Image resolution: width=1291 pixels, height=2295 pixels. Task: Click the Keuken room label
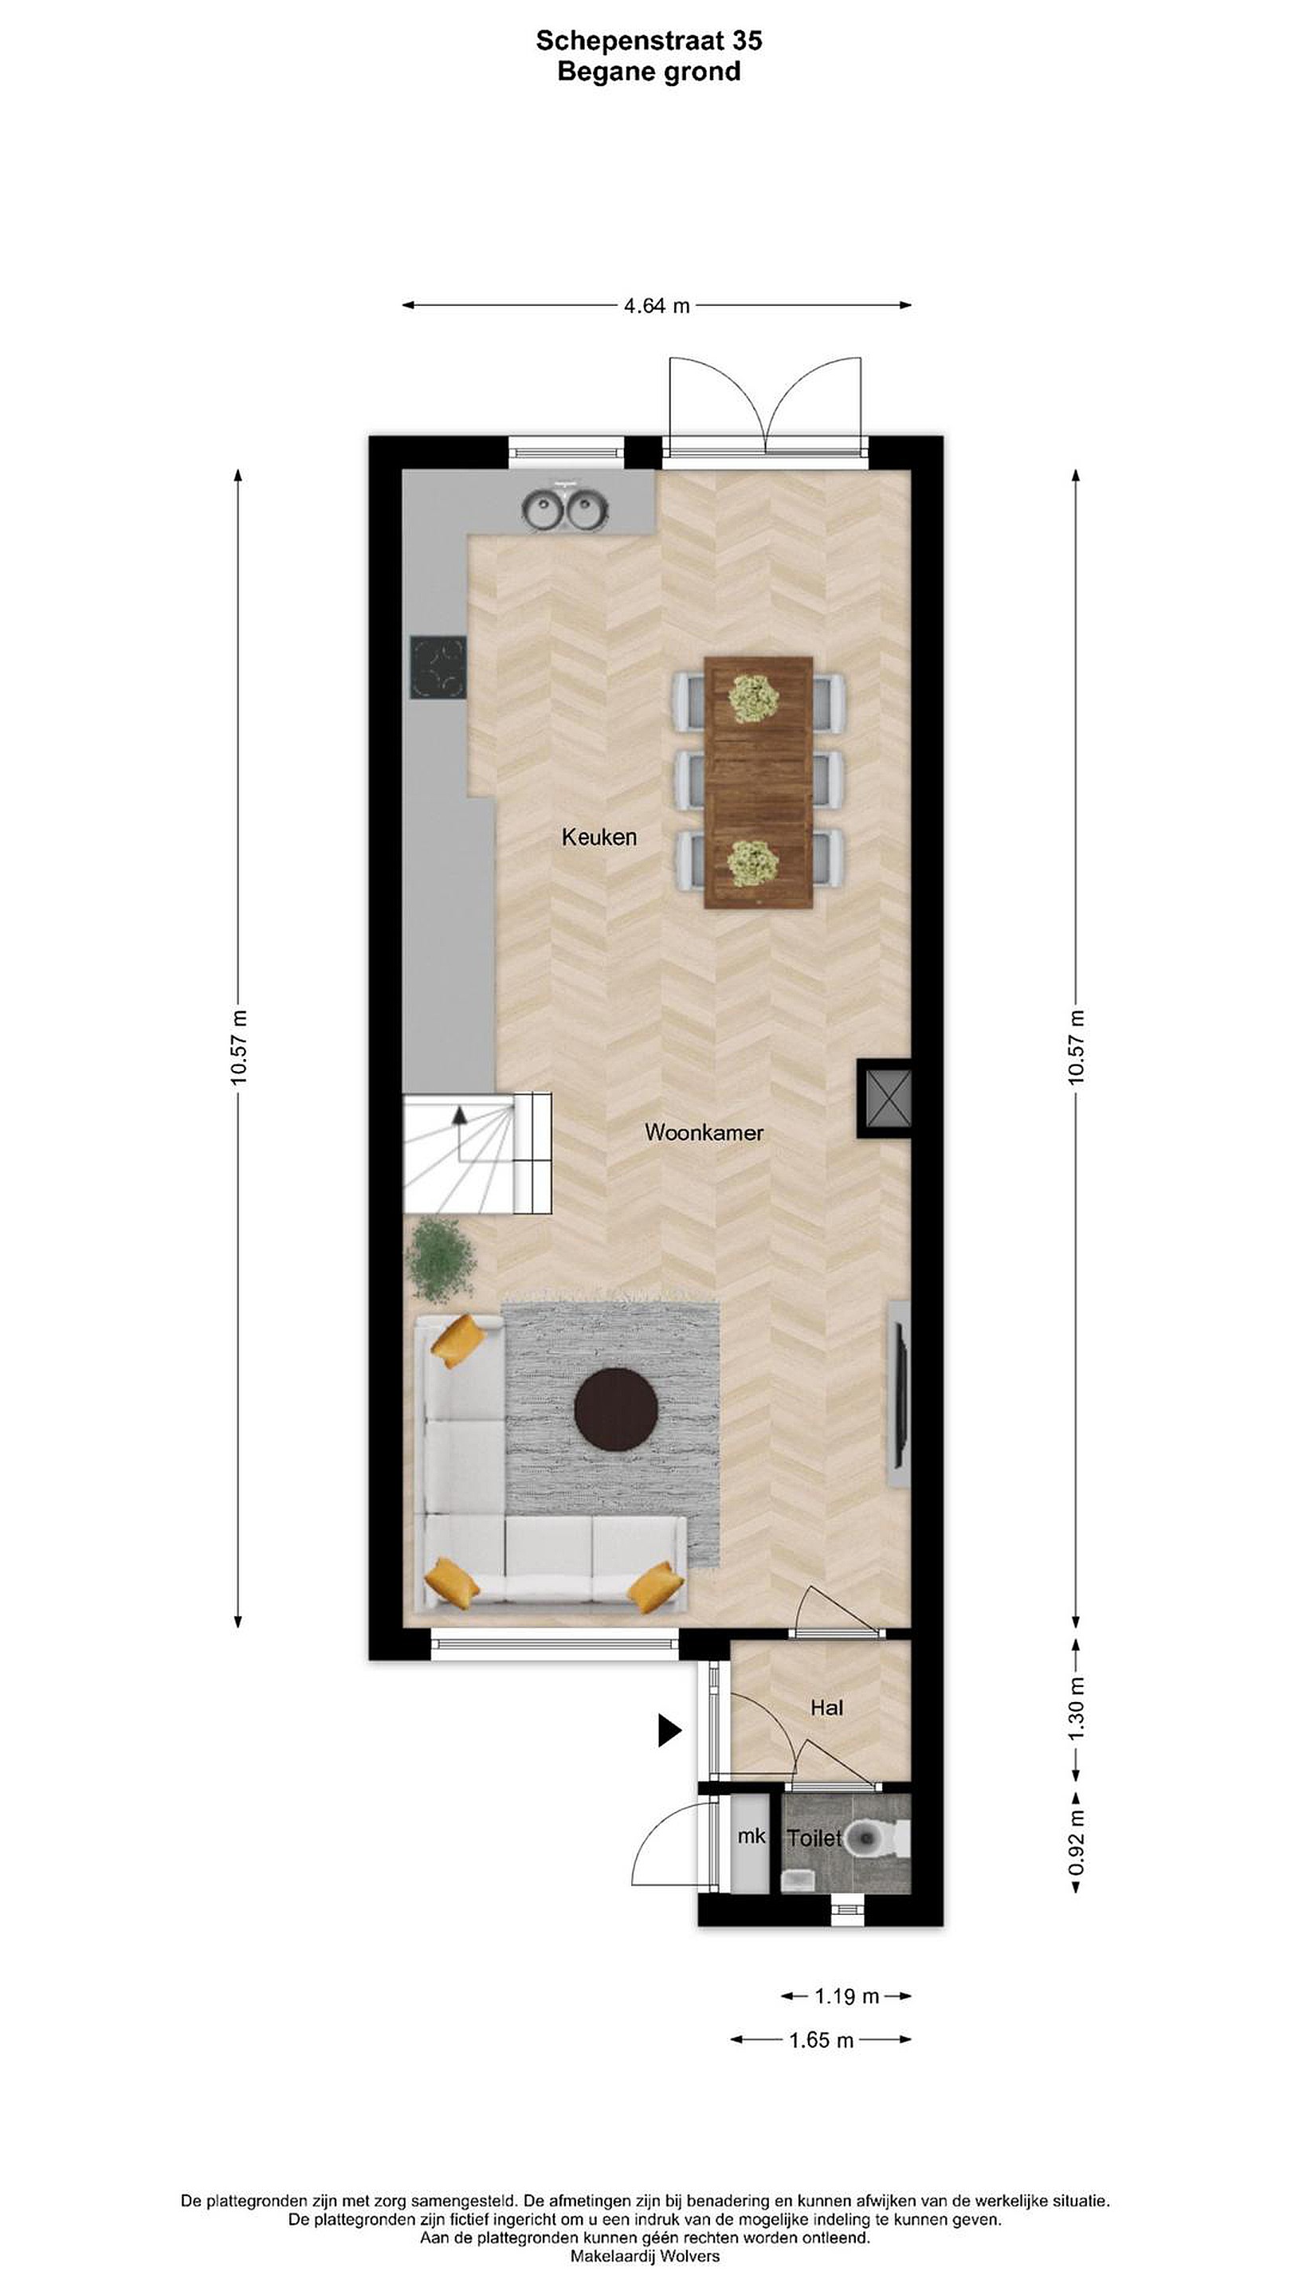(x=598, y=837)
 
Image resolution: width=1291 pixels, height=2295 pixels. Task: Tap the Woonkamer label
(x=704, y=1132)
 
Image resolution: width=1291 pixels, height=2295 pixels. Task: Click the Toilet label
(x=814, y=1838)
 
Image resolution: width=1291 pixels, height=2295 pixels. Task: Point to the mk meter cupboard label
(x=751, y=1836)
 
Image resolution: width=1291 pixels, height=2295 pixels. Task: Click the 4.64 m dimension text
(x=657, y=305)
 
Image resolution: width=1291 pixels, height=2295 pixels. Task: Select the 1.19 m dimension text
(x=846, y=1996)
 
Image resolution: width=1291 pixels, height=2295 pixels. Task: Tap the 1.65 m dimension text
(x=822, y=2039)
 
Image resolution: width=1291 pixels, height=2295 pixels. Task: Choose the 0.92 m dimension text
(x=1077, y=1841)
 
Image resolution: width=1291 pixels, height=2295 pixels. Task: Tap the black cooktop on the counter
(x=438, y=666)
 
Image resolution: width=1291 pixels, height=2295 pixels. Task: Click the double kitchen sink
(x=565, y=508)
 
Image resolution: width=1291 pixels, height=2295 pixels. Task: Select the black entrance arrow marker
(x=669, y=1730)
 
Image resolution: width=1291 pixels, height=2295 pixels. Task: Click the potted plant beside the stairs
(x=440, y=1260)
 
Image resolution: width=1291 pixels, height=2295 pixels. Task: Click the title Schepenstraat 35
(x=649, y=40)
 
